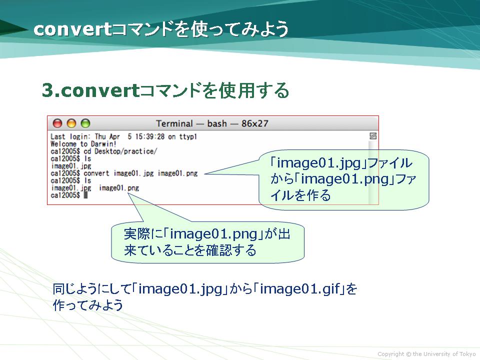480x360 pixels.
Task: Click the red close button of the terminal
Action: point(57,123)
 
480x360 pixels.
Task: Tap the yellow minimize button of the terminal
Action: point(71,123)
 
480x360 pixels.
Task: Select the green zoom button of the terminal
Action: point(85,123)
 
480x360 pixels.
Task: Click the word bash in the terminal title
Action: point(217,123)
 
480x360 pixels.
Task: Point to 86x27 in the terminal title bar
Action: point(254,123)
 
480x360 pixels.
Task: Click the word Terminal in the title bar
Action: point(174,123)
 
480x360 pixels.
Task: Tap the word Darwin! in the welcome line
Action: point(103,144)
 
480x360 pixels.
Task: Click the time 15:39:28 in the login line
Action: point(150,136)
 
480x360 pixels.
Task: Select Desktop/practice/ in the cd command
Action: point(126,151)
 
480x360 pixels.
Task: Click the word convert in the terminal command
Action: point(96,173)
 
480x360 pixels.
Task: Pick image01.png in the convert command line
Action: point(178,173)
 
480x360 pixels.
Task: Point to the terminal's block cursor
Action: point(85,195)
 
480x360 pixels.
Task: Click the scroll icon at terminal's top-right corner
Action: point(373,136)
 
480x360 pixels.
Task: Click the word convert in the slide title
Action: point(72,29)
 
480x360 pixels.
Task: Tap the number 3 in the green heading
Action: point(48,90)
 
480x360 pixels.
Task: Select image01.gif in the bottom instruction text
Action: point(300,288)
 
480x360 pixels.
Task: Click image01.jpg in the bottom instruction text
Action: point(180,288)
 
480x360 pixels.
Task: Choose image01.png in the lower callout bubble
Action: point(213,234)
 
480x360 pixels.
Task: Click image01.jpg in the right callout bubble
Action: point(319,163)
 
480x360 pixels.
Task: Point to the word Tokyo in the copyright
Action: point(468,354)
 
